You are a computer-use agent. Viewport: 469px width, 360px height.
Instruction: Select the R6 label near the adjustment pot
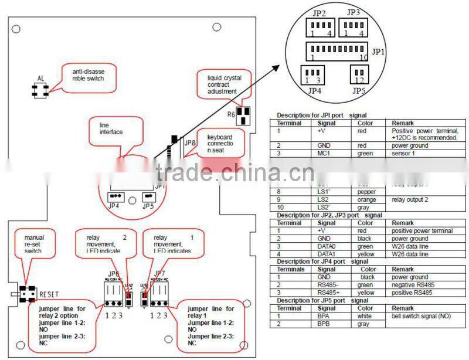point(231,114)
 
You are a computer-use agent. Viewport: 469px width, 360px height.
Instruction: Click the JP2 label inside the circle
point(319,12)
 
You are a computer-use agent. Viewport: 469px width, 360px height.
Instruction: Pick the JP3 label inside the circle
point(353,12)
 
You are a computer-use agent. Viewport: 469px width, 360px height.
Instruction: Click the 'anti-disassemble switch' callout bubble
point(87,74)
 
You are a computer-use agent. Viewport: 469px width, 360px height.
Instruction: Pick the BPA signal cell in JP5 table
point(324,316)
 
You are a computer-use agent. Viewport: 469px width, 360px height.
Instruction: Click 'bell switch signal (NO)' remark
point(423,316)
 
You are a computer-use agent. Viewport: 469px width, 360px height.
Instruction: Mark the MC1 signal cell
point(324,154)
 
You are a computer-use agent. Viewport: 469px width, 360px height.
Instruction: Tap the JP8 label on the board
point(191,142)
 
